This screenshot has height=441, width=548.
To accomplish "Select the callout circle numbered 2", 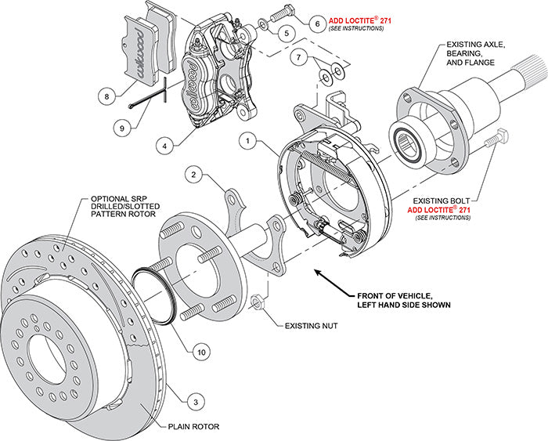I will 194,175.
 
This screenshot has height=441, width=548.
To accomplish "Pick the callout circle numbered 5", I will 284,33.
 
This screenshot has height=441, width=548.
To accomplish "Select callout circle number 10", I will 201,353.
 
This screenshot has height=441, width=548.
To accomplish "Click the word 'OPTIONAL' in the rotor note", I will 111,198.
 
